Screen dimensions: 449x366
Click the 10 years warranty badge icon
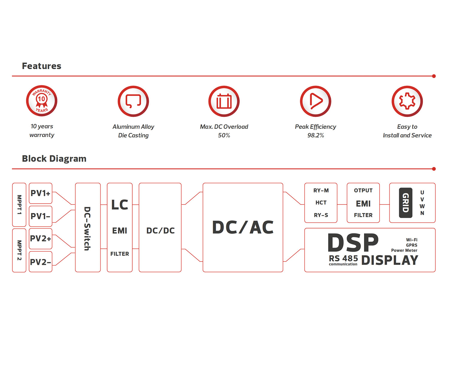[42, 100]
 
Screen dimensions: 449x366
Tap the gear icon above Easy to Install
[407, 101]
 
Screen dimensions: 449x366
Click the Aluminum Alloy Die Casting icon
[133, 101]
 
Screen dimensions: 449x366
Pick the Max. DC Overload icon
[224, 101]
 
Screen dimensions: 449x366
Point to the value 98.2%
[315, 135]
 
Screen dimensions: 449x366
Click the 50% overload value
[224, 135]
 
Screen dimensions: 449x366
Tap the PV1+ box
[40, 193]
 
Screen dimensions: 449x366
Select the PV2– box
[40, 262]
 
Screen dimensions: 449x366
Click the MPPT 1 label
[19, 204]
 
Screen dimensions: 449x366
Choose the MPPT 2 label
[19, 250]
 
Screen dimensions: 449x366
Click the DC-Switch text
[87, 228]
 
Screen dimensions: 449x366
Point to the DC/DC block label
[160, 231]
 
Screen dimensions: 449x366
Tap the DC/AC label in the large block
[243, 227]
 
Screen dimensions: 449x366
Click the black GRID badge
[405, 203]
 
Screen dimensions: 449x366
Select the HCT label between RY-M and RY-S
[321, 202]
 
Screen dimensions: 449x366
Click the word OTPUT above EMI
[363, 190]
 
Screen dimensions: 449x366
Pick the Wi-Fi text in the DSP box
[412, 240]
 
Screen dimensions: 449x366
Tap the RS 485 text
[343, 258]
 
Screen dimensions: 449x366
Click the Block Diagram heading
[54, 159]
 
